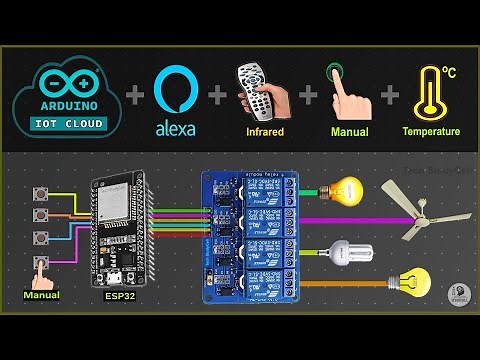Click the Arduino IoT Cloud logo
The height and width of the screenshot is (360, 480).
[69, 96]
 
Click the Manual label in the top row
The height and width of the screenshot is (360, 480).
[348, 131]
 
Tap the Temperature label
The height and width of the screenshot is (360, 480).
[431, 131]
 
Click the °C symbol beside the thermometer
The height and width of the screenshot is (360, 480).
[449, 73]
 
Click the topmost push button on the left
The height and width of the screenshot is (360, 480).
[42, 193]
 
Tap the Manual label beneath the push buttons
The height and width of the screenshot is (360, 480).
[41, 295]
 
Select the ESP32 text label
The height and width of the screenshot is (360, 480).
[119, 296]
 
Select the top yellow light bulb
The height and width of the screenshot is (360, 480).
[348, 189]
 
